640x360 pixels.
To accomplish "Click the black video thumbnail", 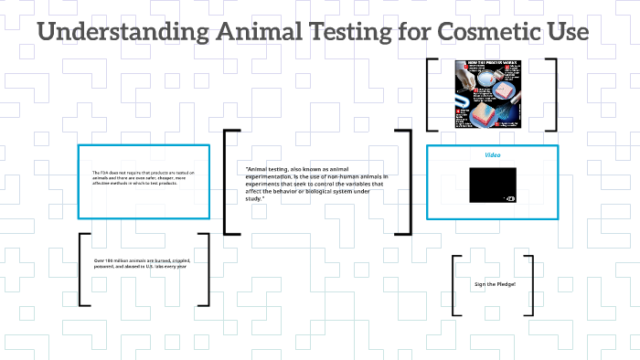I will click(492, 185).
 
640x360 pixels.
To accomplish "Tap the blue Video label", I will click(492, 155).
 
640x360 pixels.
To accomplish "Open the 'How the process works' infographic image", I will click(492, 94).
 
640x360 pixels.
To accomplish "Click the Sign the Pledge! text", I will click(495, 285).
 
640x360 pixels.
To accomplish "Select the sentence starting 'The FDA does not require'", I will click(144, 178).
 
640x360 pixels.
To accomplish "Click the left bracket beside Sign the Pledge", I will click(455, 285).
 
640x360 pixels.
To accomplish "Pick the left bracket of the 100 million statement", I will click(82, 270).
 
